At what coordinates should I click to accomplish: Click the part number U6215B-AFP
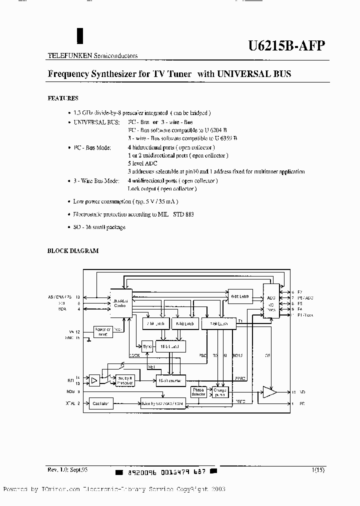[286, 46]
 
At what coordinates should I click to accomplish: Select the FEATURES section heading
[62, 98]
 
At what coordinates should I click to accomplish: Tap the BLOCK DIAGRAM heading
[72, 251]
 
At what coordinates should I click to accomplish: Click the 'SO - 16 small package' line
[99, 227]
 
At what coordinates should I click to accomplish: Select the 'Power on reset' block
[103, 331]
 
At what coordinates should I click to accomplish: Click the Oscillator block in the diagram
[100, 402]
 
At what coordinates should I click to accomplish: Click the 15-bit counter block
[170, 380]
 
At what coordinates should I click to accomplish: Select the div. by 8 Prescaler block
[125, 381]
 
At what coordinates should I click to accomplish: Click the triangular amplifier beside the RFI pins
[94, 381]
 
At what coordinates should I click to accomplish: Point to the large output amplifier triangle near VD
[270, 392]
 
